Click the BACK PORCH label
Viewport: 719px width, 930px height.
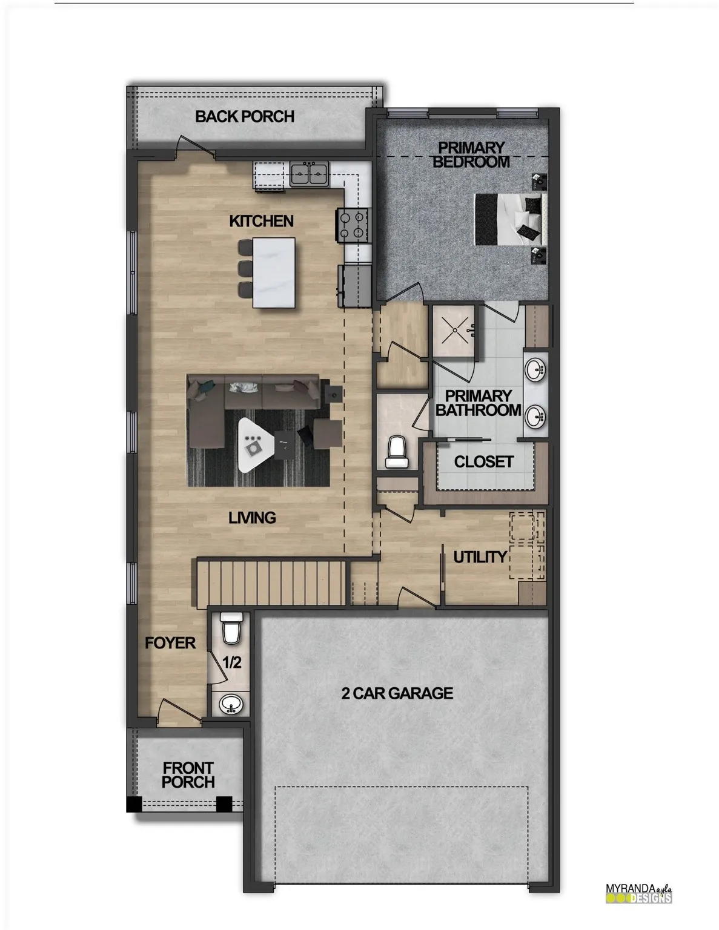click(x=245, y=116)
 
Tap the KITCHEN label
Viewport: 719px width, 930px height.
click(x=261, y=222)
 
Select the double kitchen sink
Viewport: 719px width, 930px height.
click(x=309, y=174)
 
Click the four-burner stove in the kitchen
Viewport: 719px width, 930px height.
click(x=353, y=224)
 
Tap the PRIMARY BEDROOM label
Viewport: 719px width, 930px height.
click(x=471, y=154)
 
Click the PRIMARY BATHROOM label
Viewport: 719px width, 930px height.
click(x=478, y=403)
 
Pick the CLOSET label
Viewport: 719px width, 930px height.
click(x=483, y=462)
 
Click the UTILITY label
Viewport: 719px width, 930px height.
click(x=480, y=557)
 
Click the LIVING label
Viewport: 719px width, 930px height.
click(x=252, y=518)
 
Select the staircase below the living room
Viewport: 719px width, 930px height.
click(x=271, y=582)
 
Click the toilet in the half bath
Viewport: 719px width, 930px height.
click(x=231, y=628)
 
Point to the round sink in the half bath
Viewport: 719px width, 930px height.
click(x=231, y=704)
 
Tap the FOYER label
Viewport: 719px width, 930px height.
click(x=170, y=643)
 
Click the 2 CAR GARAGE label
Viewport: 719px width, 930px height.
click(x=397, y=693)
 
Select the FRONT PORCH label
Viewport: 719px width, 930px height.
click(x=188, y=775)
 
